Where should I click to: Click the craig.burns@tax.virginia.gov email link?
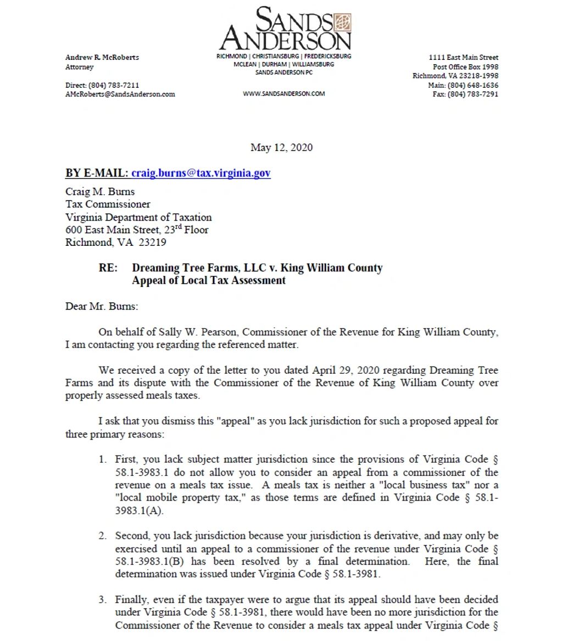pos(201,173)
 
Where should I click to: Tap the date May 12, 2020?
pos(281,147)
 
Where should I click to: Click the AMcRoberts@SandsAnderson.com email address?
pos(120,94)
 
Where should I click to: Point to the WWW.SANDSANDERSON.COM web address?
pos(283,94)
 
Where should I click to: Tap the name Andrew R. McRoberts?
pos(102,57)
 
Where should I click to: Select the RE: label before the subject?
pos(108,268)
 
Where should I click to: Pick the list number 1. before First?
pos(103,459)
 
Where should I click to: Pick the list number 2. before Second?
pos(103,536)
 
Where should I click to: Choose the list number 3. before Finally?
pos(103,600)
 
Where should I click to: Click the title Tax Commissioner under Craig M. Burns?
pos(108,204)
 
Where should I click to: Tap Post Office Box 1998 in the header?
pos(465,67)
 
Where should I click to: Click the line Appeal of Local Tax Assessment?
pos(209,280)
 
